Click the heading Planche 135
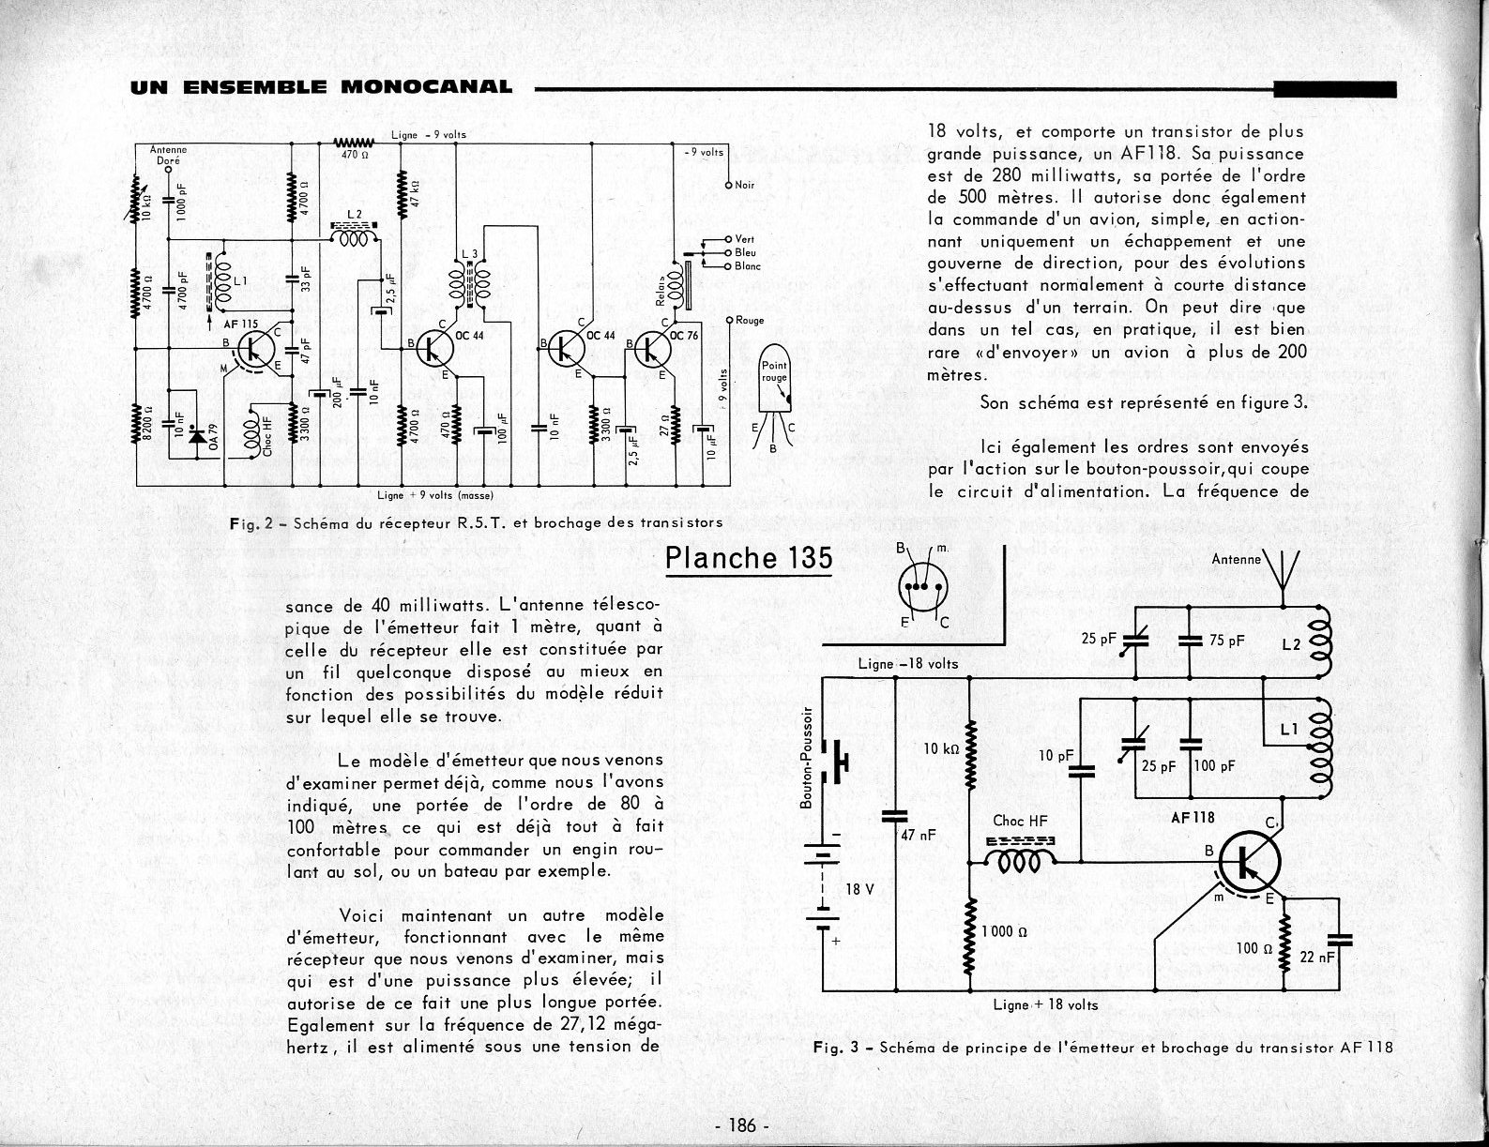coord(749,558)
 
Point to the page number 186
coord(741,1125)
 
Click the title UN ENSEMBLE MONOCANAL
coord(322,88)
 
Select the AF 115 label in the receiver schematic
coord(241,324)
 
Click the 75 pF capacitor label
coord(1226,641)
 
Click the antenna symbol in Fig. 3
coord(1282,568)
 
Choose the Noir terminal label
coord(744,185)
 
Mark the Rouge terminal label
coord(750,320)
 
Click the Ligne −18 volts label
coord(907,663)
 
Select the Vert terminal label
coord(745,239)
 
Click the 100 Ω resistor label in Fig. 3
coord(1253,948)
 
